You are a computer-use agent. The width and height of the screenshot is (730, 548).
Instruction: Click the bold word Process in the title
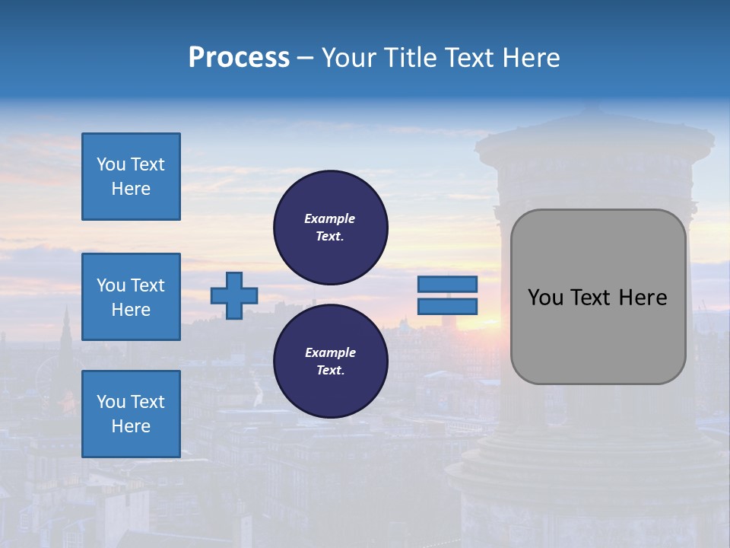(x=239, y=58)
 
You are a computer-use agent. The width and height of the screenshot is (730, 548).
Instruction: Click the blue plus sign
(x=234, y=295)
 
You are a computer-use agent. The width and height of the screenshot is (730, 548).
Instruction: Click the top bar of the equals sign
(x=447, y=284)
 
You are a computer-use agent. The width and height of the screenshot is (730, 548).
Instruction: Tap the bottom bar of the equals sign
(x=447, y=306)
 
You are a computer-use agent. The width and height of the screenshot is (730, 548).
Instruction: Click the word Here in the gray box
(x=643, y=298)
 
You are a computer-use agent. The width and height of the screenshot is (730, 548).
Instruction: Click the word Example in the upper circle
(x=329, y=218)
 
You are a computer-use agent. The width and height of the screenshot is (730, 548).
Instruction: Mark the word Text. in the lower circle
(x=329, y=370)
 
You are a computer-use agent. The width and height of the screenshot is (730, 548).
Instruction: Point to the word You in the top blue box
(x=111, y=164)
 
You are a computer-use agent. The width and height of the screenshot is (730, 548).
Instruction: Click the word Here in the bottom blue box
(x=131, y=426)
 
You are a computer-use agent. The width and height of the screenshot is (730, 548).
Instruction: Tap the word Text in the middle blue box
(x=148, y=285)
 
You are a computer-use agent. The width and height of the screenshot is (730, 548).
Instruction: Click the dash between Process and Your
(x=306, y=58)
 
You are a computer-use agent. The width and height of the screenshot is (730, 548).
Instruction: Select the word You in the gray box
(x=544, y=298)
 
